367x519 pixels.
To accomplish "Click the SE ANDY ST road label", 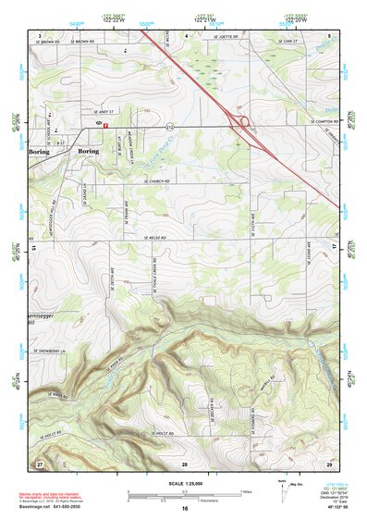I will click(x=56, y=107).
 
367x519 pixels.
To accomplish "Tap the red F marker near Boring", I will click(x=106, y=125).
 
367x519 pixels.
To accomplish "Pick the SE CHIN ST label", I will click(x=289, y=42).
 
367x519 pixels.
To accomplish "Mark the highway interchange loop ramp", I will click(x=244, y=120).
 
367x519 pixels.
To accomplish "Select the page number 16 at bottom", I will click(x=185, y=509).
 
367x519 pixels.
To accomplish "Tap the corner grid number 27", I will click(x=39, y=462).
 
